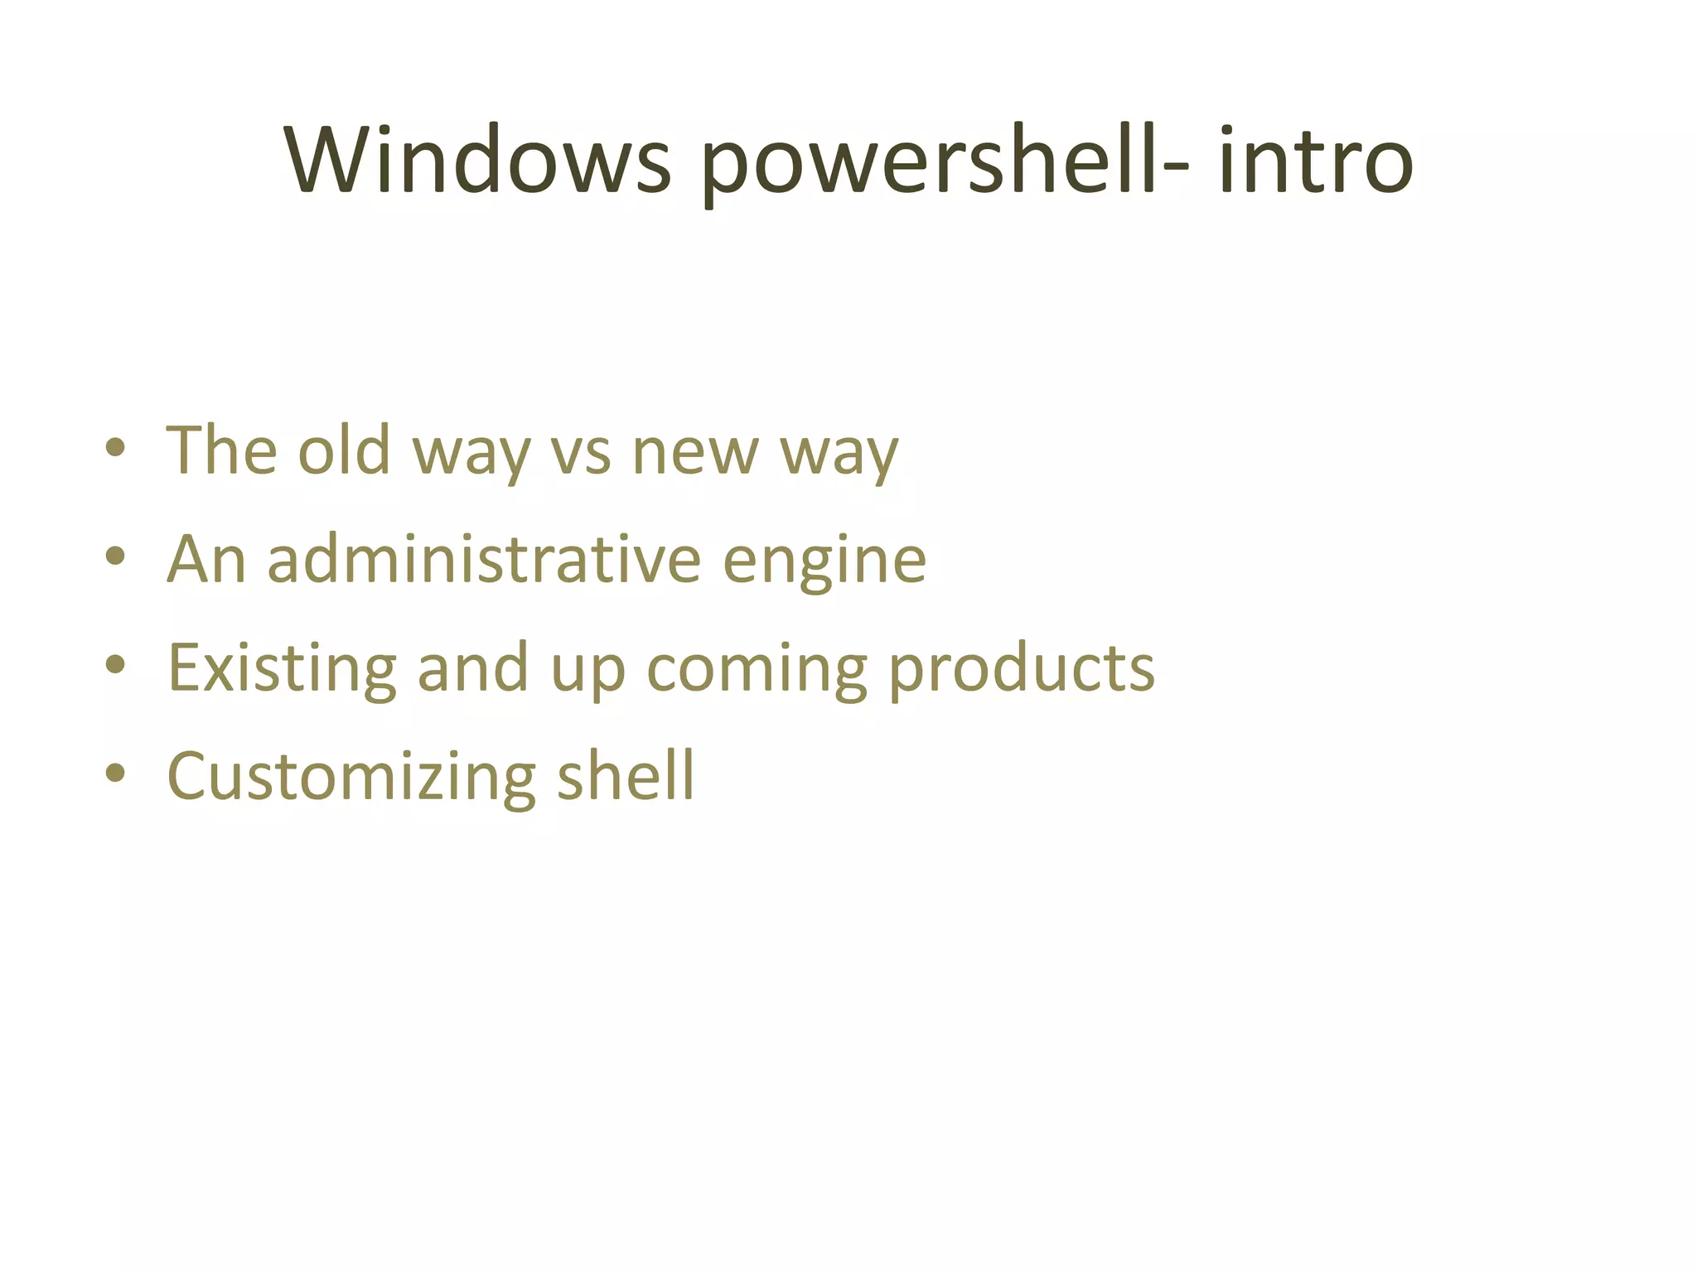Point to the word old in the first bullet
click(344, 450)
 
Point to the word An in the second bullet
click(206, 559)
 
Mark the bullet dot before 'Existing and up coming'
click(116, 665)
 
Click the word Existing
click(282, 669)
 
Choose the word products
click(1021, 669)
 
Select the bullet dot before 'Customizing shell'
click(116, 773)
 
